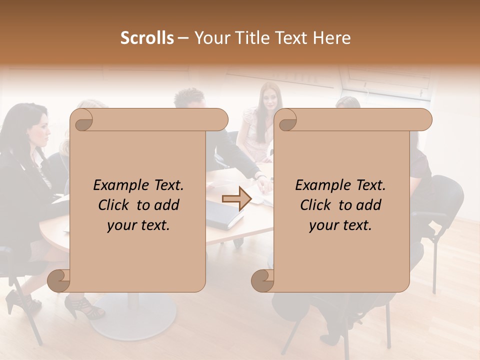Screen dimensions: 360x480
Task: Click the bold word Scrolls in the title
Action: [x=147, y=38]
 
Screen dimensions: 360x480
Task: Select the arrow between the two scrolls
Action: [x=236, y=199]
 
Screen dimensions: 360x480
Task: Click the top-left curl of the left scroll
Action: [x=82, y=120]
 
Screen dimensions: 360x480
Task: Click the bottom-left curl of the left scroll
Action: [x=59, y=280]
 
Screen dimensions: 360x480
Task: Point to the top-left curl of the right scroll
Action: [x=286, y=120]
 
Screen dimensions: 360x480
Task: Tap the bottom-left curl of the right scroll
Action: [x=262, y=280]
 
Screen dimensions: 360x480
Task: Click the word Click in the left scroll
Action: [x=113, y=205]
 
